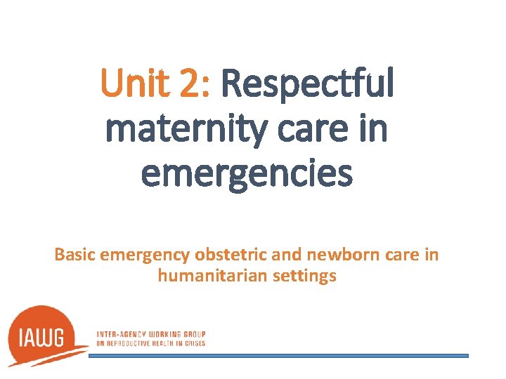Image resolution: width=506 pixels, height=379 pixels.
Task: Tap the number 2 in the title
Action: click(192, 84)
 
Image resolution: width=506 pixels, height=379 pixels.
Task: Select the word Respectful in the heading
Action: click(307, 84)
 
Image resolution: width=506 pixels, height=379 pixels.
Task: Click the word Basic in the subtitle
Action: click(75, 254)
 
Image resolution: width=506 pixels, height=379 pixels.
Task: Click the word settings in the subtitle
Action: click(305, 277)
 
